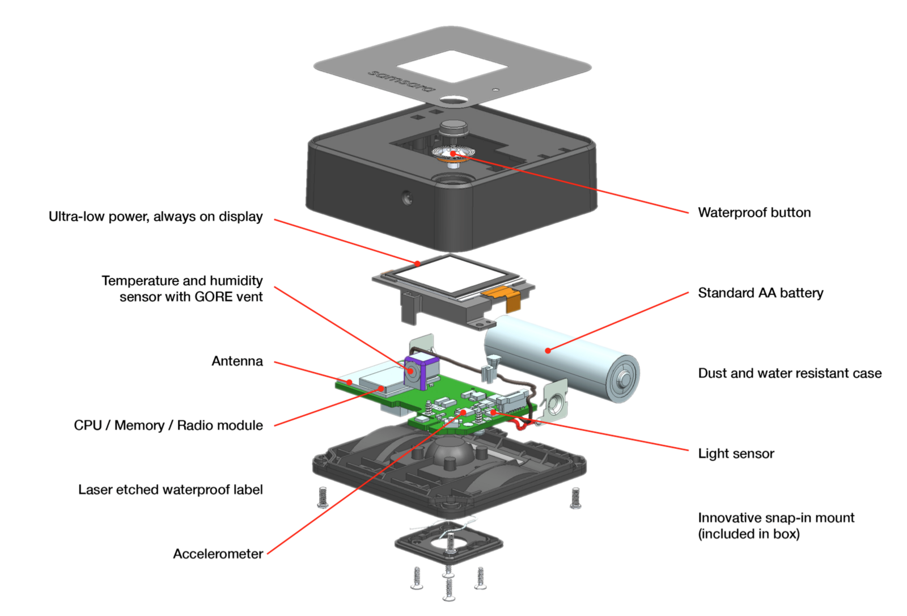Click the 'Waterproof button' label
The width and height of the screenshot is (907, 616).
755,213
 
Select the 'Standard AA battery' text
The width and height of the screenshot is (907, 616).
760,293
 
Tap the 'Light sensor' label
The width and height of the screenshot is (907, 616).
736,453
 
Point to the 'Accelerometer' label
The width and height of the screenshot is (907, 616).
218,554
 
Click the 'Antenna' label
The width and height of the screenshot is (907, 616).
238,361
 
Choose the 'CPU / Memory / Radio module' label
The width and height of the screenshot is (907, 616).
168,425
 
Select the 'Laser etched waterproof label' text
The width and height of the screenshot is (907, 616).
171,490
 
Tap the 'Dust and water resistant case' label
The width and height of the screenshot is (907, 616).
790,373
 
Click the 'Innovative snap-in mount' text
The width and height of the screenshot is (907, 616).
776,517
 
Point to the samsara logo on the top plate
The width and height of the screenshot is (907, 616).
401,81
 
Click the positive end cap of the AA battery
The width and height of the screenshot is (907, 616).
622,379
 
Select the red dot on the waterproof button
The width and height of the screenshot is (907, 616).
453,153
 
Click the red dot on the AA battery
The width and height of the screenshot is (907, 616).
548,351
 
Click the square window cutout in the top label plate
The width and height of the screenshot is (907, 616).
452,66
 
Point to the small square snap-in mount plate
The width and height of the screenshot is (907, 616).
449,543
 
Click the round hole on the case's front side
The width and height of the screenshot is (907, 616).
408,198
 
